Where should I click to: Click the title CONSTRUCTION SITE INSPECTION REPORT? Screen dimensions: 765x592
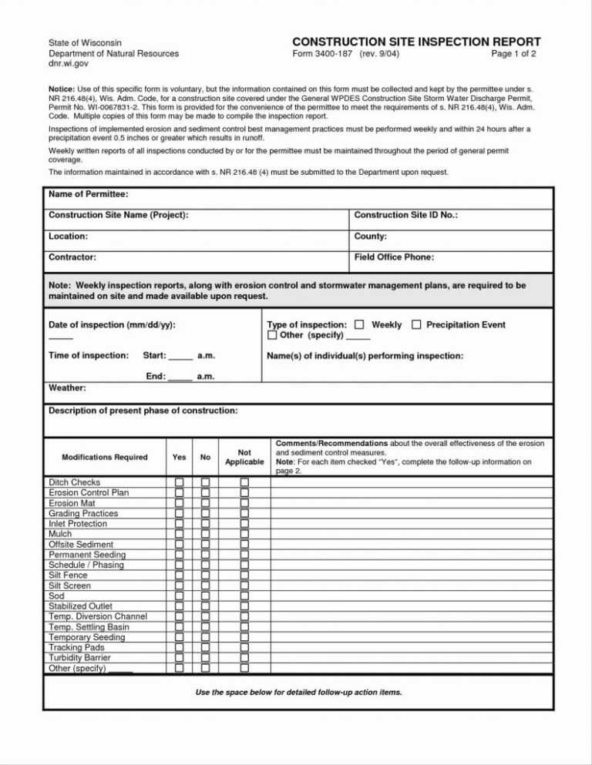coord(416,42)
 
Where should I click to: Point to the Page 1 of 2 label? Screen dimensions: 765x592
coord(513,55)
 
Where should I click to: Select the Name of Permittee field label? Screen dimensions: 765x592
coord(88,193)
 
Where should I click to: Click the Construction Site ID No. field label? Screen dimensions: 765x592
coord(405,215)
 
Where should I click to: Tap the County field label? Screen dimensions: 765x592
coord(370,237)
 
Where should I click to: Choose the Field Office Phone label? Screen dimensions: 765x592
coord(393,257)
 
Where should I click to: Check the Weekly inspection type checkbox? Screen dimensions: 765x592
coord(359,325)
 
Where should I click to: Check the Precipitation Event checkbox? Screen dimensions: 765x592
coord(416,325)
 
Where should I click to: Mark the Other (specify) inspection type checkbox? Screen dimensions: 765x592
coord(272,336)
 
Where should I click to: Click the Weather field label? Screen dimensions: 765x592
coord(67,388)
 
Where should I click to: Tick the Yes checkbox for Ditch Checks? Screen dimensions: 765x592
coord(179,482)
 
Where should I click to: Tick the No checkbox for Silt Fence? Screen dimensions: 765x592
coord(206,575)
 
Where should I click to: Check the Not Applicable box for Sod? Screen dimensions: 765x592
coord(244,596)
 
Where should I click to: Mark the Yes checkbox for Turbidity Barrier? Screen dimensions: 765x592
coord(179,658)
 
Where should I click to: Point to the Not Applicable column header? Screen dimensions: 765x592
coord(244,456)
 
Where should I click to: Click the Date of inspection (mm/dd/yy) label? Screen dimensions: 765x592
coord(112,325)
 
